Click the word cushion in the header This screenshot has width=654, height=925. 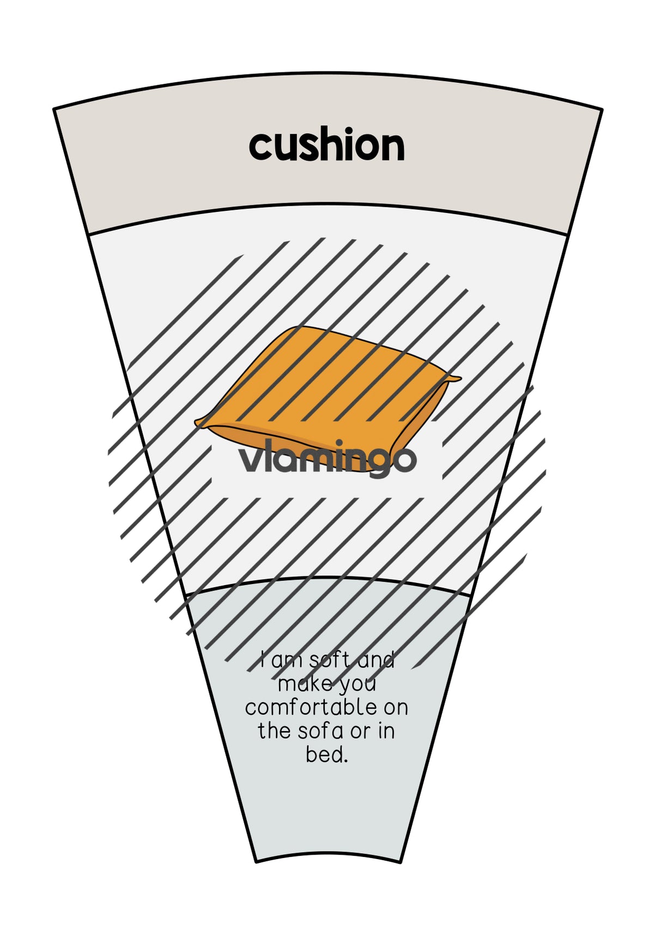click(x=326, y=144)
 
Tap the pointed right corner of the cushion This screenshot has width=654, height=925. click(x=461, y=378)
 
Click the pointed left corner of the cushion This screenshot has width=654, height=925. click(x=196, y=422)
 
